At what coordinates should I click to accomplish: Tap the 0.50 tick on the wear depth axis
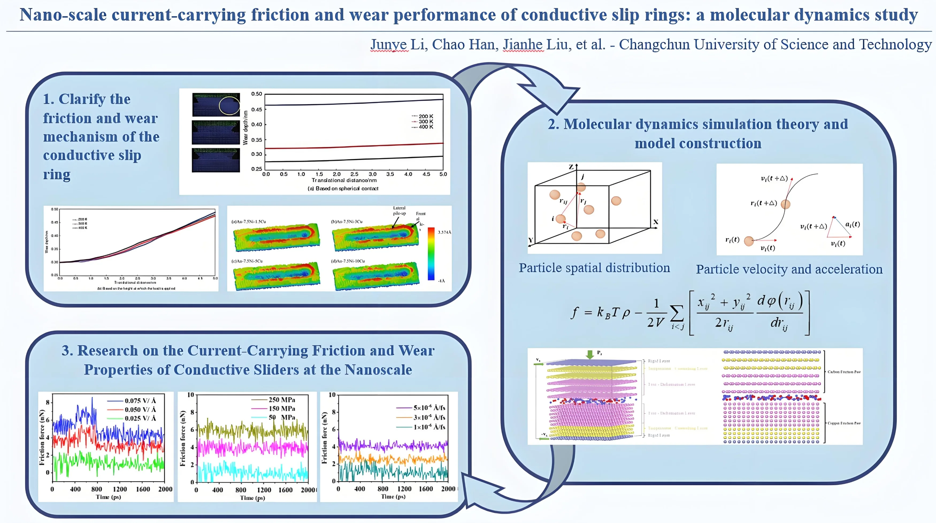256,94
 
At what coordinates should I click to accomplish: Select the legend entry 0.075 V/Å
140,401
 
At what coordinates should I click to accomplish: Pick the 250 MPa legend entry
282,400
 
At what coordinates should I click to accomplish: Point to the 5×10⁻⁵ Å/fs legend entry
429,408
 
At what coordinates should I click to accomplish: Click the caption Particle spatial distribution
594,268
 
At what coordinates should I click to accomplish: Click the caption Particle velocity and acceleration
789,269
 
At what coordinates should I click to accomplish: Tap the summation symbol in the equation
676,313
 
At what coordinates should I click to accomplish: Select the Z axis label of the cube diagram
571,167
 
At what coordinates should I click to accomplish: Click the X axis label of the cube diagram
655,222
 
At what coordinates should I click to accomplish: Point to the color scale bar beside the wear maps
431,254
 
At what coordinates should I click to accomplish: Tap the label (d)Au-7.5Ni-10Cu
348,261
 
